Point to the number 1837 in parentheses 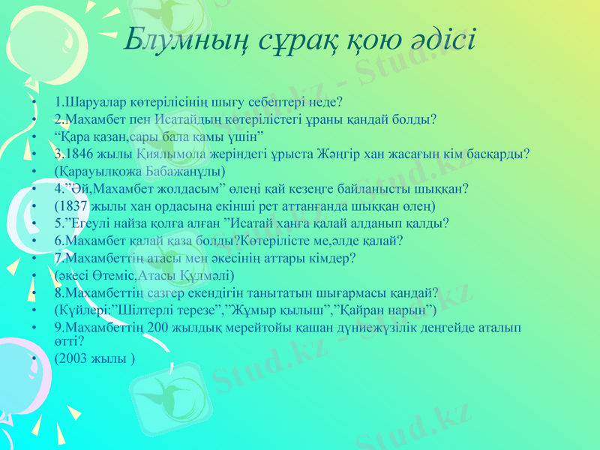75,205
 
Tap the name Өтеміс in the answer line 102,274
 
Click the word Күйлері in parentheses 80,309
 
